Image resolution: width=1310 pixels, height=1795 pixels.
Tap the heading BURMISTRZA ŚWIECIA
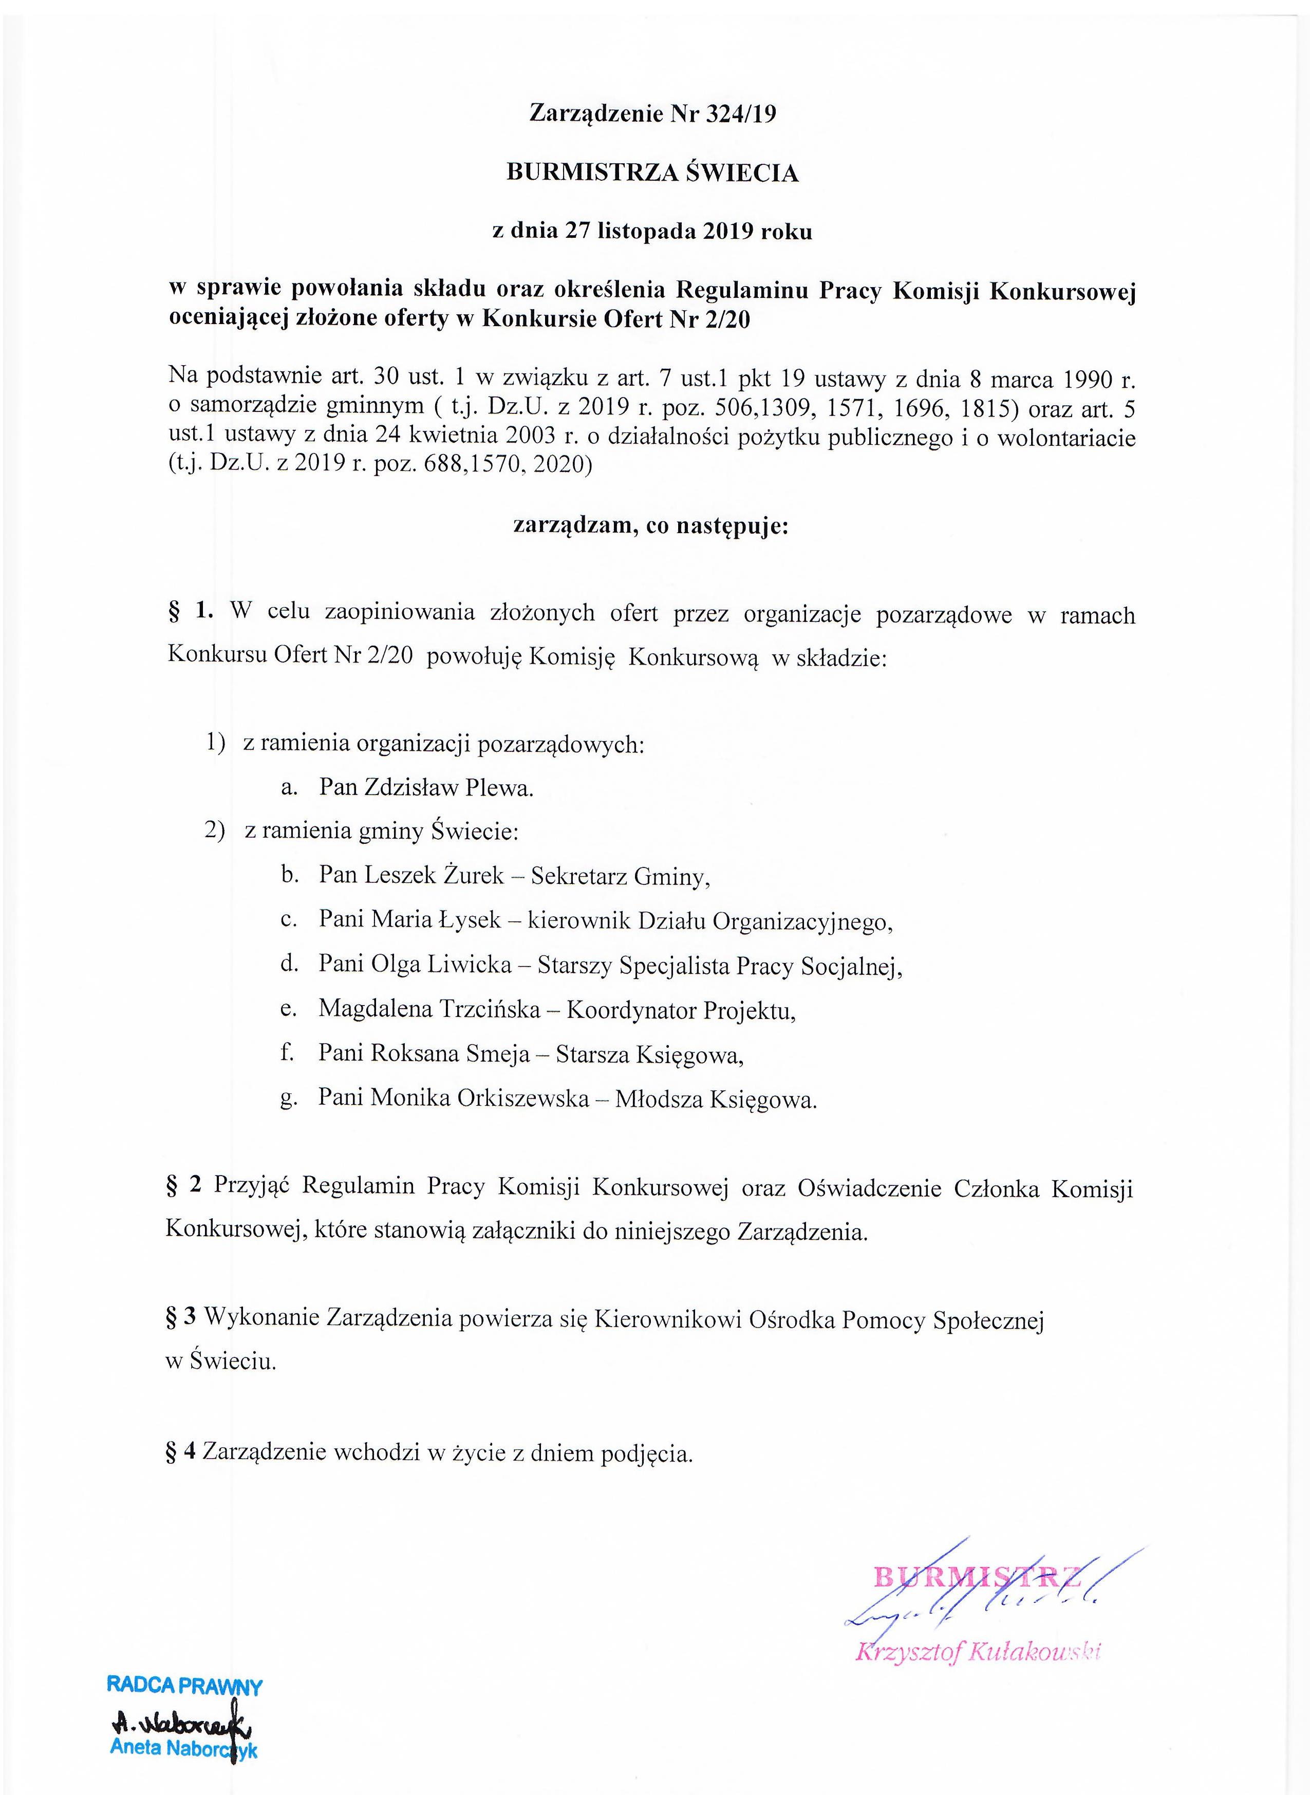tap(652, 173)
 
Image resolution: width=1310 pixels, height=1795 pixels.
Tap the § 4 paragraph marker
tap(181, 1452)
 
